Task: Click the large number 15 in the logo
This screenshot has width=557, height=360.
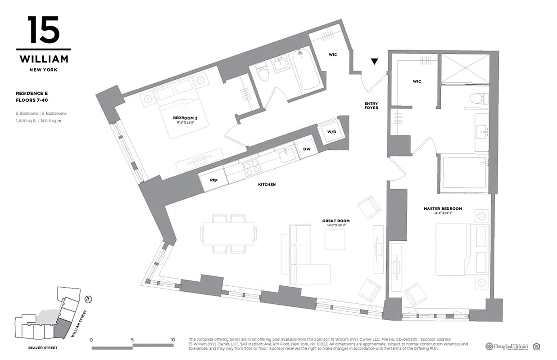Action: (43, 30)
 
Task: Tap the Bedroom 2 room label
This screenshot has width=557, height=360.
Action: (183, 118)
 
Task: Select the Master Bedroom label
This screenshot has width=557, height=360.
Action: (443, 209)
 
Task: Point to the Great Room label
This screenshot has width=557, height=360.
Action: (335, 221)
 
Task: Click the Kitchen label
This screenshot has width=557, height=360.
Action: (267, 184)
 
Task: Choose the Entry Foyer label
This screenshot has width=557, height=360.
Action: (371, 106)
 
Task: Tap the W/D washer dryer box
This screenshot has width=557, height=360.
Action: (331, 132)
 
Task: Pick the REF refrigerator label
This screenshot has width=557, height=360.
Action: (213, 180)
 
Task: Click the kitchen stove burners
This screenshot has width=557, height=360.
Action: (251, 167)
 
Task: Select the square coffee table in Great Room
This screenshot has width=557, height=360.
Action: (335, 239)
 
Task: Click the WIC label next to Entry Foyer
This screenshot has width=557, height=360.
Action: (332, 54)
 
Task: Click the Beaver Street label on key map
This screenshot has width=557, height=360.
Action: (43, 348)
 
